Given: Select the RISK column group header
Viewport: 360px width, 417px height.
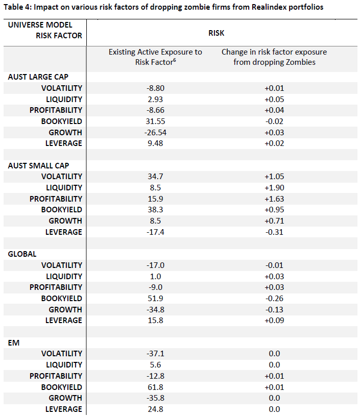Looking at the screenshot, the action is tap(217, 33).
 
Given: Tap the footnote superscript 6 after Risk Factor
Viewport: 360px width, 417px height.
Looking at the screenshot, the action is tap(174, 60).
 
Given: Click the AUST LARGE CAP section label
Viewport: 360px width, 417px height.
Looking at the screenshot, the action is tap(38, 77).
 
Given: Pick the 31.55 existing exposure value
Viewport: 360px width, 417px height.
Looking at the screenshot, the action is tap(155, 121).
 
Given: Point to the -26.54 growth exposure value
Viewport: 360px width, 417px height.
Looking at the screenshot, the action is tap(155, 132).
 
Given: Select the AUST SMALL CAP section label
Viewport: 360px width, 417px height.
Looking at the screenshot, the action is tap(38, 166).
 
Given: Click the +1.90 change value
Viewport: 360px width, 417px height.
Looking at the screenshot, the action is tap(274, 188).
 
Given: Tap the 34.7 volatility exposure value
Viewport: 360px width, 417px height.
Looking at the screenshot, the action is tap(155, 177).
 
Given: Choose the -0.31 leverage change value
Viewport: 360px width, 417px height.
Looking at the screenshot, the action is tap(274, 232).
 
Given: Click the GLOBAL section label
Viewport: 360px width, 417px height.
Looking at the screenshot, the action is tap(22, 254).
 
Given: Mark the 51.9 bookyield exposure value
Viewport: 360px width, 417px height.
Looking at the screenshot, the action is tap(155, 299).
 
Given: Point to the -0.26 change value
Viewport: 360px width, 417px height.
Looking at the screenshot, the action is tap(274, 299).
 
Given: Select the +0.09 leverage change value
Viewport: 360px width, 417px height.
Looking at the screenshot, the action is tap(274, 321).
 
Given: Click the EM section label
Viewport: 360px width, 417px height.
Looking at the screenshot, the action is tap(14, 343).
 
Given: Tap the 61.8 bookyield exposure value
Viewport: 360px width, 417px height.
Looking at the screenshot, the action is tap(155, 387).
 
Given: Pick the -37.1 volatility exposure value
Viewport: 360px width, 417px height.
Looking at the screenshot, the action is tap(155, 354).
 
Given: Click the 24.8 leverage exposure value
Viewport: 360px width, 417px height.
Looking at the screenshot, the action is tap(155, 409).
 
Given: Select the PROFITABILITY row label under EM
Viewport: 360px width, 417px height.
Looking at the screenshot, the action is tap(56, 376).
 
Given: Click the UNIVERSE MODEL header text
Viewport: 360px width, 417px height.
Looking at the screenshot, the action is tap(40, 25).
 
